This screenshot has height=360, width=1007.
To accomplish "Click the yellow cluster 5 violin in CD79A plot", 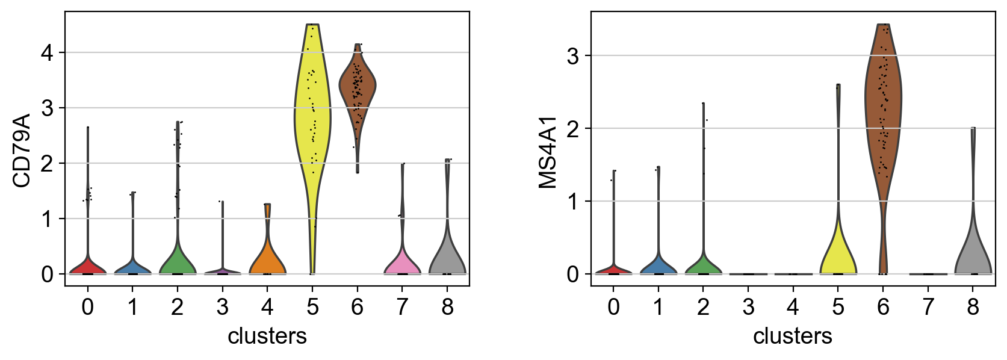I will (312, 120).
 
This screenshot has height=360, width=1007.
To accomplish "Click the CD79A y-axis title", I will (22, 150).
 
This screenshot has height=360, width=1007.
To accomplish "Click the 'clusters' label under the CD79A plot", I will (267, 336).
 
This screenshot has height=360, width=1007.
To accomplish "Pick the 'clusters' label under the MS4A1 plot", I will (792, 336).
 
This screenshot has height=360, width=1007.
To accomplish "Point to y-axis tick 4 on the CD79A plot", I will (46, 53).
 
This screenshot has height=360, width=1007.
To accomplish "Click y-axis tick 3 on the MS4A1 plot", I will (572, 56).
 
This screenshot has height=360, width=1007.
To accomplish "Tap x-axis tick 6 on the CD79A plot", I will (358, 308).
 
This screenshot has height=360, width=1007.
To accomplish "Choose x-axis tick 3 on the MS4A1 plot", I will (748, 308).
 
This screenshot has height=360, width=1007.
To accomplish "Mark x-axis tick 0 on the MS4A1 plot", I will (613, 308).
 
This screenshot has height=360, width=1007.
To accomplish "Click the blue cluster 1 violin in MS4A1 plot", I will (658, 265).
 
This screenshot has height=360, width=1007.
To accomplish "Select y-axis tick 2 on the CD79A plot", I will (46, 164).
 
